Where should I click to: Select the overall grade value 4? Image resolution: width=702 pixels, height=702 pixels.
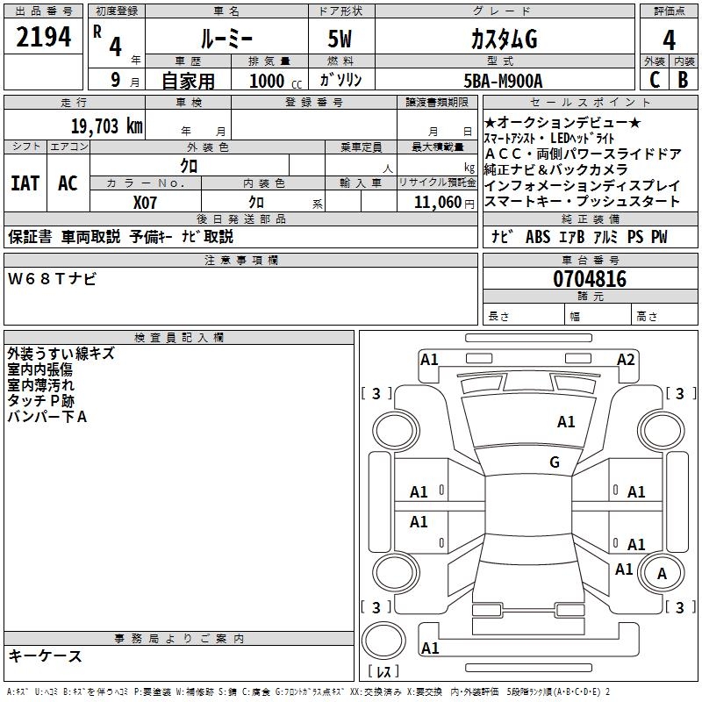[x=669, y=40]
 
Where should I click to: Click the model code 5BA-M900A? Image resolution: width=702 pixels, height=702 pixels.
[x=503, y=81]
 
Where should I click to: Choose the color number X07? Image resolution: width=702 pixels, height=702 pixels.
[x=145, y=202]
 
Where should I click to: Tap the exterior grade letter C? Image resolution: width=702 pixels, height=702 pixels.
[x=653, y=80]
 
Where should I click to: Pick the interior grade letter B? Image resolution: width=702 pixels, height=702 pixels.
[x=683, y=80]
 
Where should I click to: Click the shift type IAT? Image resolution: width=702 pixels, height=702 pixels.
[x=25, y=183]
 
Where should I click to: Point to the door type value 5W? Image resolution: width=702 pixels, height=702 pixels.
[x=341, y=39]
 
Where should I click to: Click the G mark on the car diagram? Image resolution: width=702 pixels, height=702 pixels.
[x=555, y=462]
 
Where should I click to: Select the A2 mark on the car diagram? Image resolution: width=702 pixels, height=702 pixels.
[x=626, y=359]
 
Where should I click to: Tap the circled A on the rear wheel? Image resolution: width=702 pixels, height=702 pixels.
[x=663, y=574]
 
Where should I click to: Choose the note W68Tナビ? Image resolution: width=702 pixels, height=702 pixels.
[x=53, y=279]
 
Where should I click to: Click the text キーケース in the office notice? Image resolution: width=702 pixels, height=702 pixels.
[x=45, y=656]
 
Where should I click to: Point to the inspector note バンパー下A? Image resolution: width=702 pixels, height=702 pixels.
[x=47, y=417]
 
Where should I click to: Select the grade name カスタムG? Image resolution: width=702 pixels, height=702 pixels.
[x=504, y=39]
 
